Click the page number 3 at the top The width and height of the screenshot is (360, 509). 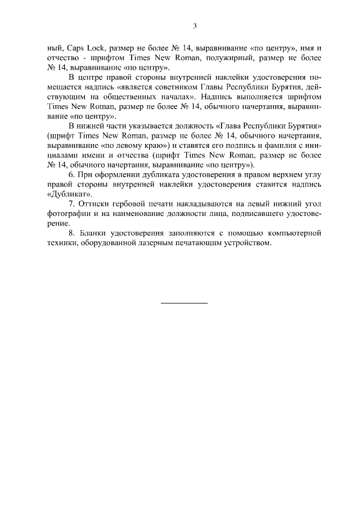[195, 25]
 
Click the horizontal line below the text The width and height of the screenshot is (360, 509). [184, 304]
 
